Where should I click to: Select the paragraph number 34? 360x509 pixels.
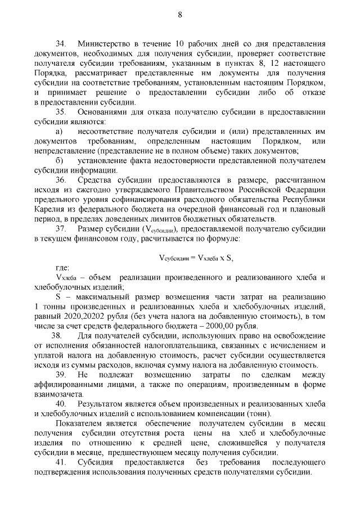pos(60,43)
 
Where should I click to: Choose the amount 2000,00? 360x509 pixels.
pos(261,326)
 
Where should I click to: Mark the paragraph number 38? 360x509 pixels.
pos(60,336)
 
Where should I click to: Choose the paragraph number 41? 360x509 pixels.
pos(60,463)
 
